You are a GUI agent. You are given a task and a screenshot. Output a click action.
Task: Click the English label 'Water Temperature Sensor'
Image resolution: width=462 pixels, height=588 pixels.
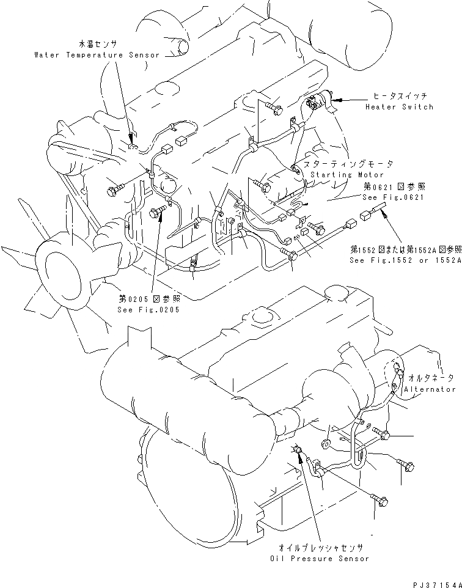point(97,55)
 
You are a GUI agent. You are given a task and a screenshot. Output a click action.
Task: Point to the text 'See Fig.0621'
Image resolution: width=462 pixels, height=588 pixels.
point(394,197)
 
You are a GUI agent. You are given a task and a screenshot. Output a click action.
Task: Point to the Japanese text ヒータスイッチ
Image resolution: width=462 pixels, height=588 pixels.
point(401,97)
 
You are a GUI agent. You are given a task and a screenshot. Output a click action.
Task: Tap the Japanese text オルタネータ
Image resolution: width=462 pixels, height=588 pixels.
point(435,379)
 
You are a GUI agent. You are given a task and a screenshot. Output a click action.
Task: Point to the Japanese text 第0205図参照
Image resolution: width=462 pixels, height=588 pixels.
point(149,299)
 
